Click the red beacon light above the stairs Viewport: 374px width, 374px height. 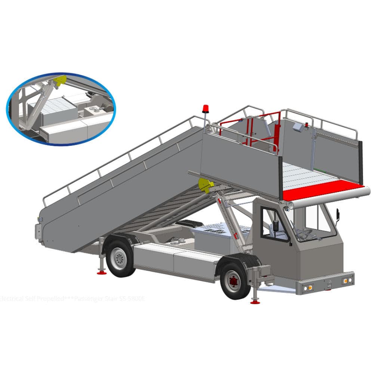205,109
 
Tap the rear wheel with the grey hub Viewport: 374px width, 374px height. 120,258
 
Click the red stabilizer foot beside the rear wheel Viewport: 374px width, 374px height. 101,272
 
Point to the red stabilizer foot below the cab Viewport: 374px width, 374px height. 256,301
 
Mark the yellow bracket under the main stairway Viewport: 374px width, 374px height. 205,185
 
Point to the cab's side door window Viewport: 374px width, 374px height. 274,225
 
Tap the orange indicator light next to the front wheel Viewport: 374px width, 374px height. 308,287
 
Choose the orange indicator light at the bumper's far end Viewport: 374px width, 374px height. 347,279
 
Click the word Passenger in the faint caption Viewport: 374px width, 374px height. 88,299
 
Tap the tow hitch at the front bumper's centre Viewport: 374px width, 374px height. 328,286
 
